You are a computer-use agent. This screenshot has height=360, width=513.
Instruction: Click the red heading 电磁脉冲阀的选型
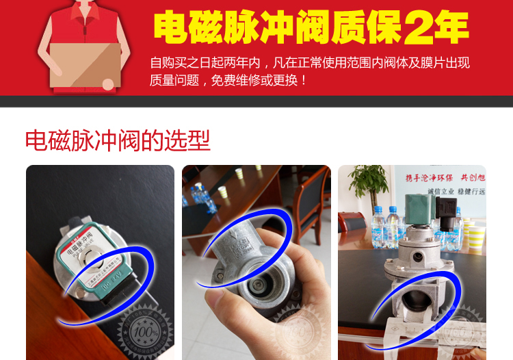pyautogui.click(x=118, y=140)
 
